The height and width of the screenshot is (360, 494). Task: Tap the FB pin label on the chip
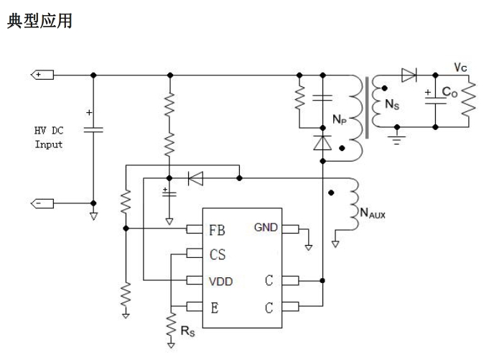click(x=218, y=231)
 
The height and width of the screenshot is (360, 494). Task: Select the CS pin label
click(x=218, y=254)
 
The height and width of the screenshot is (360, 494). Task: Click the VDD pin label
click(x=220, y=280)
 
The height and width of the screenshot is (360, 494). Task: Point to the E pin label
click(x=214, y=307)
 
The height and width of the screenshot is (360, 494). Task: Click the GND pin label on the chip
click(x=266, y=228)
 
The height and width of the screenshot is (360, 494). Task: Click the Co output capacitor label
click(x=449, y=93)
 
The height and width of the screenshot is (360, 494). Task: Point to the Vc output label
click(x=461, y=67)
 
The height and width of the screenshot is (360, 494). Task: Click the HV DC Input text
click(x=49, y=138)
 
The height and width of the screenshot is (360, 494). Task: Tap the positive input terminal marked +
click(x=41, y=74)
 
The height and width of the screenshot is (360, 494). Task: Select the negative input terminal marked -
click(x=41, y=203)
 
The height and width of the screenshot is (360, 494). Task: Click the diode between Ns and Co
click(x=409, y=74)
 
